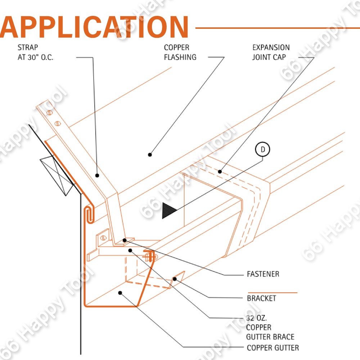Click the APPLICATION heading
94,27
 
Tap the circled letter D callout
262,150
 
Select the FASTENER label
263,274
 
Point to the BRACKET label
261,298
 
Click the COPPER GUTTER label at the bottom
273,348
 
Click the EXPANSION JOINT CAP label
271,52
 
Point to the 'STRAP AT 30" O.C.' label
35,52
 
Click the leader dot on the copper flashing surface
150,155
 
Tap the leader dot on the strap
97,175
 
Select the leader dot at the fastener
125,240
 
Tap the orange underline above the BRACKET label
273,293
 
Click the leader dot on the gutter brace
130,250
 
